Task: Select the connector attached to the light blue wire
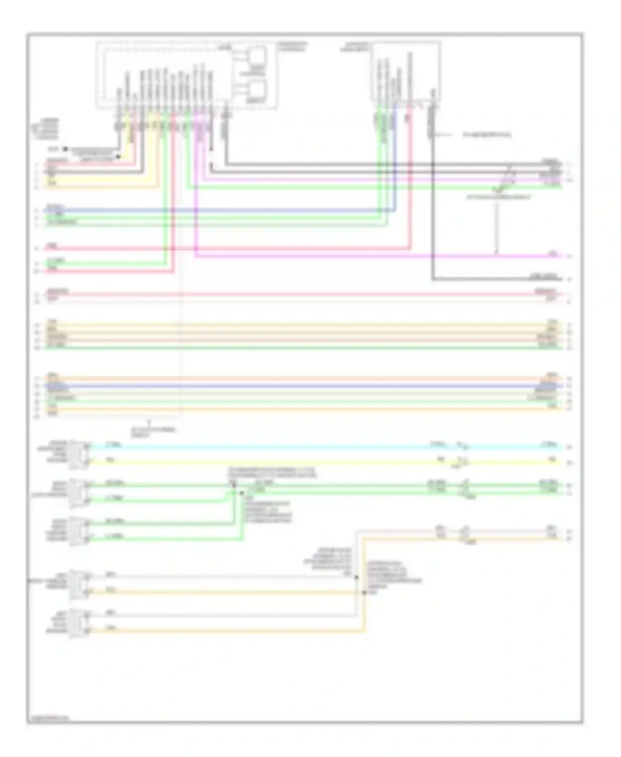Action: [x=79, y=454]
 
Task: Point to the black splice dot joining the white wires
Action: [x=356, y=577]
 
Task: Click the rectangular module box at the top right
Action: [x=406, y=70]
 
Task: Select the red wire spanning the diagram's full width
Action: [x=290, y=294]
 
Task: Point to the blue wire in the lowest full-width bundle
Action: [x=290, y=386]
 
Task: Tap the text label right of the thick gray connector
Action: [x=486, y=135]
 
